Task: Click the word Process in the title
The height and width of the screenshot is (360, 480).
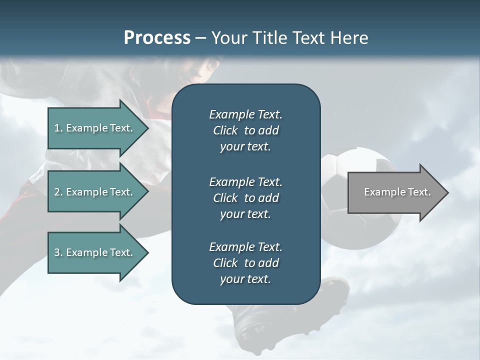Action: pyautogui.click(x=157, y=38)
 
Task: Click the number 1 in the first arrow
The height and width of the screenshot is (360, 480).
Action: pyautogui.click(x=57, y=128)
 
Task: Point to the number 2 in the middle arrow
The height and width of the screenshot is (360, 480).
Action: pyautogui.click(x=57, y=192)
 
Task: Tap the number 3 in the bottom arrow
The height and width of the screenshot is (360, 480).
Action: pyautogui.click(x=57, y=252)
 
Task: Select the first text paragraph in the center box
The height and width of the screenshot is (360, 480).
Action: pyautogui.click(x=245, y=130)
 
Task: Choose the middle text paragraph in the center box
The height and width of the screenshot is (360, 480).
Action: pyautogui.click(x=245, y=197)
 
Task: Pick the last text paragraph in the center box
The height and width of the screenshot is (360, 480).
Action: pyautogui.click(x=245, y=263)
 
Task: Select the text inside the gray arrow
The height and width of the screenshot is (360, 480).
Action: pyautogui.click(x=397, y=192)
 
